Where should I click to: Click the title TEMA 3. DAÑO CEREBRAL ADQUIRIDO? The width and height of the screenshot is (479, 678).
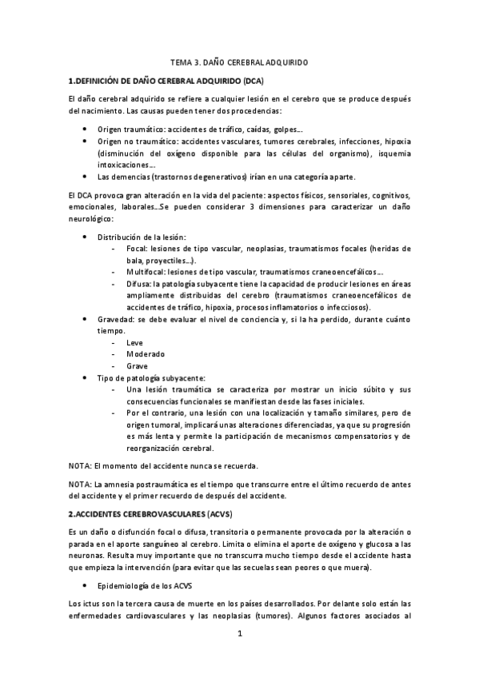click(240, 61)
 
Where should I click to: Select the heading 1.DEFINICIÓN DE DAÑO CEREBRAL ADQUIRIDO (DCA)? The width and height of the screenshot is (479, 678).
click(166, 81)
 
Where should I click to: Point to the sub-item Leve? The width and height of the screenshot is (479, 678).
click(135, 342)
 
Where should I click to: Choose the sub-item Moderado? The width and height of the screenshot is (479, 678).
click(146, 353)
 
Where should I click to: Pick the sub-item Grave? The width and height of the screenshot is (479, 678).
click(138, 365)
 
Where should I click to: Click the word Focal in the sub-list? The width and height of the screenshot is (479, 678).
click(137, 249)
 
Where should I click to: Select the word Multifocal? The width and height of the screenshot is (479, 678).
click(144, 272)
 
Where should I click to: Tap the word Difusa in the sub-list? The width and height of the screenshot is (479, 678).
click(138, 284)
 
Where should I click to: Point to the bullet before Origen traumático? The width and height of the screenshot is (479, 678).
click(86, 129)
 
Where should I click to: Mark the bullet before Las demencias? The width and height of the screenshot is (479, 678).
click(86, 176)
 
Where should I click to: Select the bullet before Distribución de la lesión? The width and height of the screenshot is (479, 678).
click(86, 237)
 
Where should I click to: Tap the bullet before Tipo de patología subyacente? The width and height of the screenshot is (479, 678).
click(86, 377)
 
